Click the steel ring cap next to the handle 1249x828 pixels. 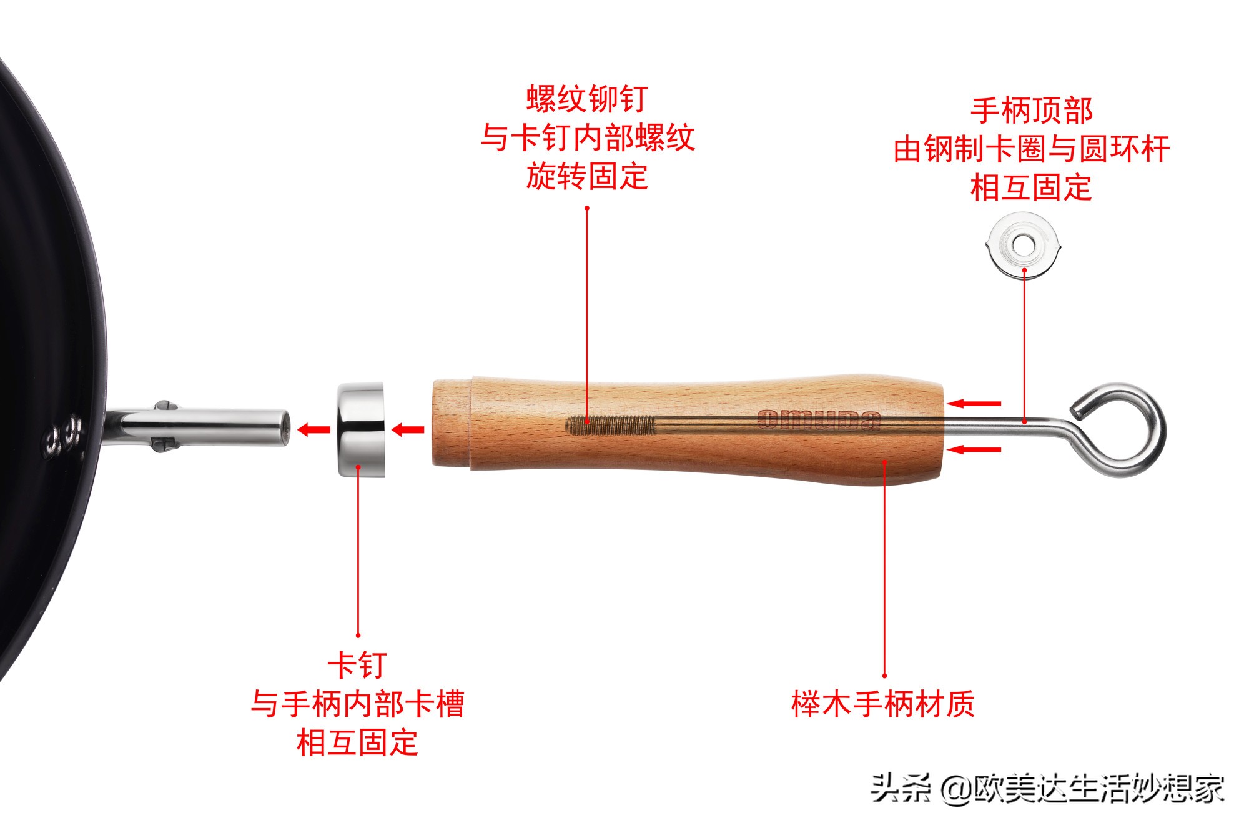[x=361, y=430]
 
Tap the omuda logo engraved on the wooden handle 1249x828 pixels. [x=818, y=420]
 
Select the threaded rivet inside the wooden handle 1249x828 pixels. [x=611, y=426]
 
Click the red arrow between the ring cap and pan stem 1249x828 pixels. [x=313, y=429]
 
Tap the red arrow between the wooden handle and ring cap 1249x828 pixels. [x=408, y=429]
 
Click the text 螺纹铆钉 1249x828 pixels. [x=587, y=99]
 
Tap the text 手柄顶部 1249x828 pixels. [x=1031, y=111]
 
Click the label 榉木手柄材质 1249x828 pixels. [x=883, y=704]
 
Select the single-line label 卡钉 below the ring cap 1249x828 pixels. [x=357, y=665]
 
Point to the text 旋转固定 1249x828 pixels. [x=587, y=176]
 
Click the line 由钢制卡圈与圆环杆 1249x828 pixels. [x=1031, y=149]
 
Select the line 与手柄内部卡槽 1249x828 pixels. [x=357, y=704]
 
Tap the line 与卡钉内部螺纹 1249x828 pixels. [x=587, y=137]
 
